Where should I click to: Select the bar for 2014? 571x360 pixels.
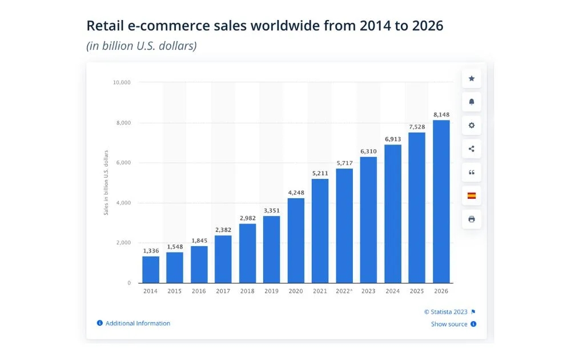pos(151,269)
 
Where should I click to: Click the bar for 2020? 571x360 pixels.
pos(296,240)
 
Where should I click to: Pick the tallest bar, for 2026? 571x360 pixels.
pos(441,201)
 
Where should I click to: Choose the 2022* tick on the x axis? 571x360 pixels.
pos(344,291)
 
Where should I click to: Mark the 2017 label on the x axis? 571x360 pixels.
pos(223,291)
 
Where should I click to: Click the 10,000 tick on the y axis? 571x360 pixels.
pos(122,82)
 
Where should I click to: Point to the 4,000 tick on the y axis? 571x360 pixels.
pos(123,203)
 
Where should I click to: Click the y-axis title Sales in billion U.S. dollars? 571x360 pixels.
pos(106,183)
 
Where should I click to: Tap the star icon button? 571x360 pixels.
pos(472,78)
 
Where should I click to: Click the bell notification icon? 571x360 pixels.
pos(472,102)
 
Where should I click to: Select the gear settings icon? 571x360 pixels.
pos(472,125)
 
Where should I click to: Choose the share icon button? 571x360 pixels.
pos(472,149)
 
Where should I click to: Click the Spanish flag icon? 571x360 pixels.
pos(472,195)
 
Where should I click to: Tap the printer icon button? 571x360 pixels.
pos(472,219)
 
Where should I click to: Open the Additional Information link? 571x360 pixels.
pos(138,323)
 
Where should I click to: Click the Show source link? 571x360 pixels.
pos(449,324)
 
